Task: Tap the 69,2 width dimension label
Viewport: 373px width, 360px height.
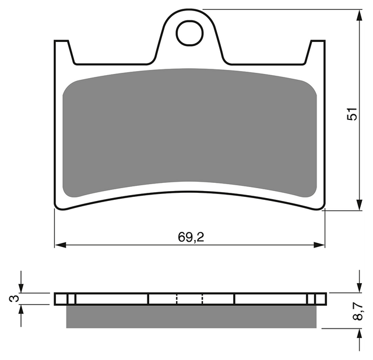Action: click(191, 237)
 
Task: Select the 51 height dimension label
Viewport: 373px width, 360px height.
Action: click(352, 114)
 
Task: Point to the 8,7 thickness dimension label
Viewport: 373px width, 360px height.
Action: click(357, 311)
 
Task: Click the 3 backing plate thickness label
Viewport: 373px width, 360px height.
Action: click(14, 298)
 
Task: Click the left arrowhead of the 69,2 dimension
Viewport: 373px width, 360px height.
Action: click(61, 245)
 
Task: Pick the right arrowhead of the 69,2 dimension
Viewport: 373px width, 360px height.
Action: click(319, 245)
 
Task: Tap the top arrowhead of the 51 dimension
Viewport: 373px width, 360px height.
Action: click(360, 15)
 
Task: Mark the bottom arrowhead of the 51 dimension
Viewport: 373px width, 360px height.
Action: click(360, 204)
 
